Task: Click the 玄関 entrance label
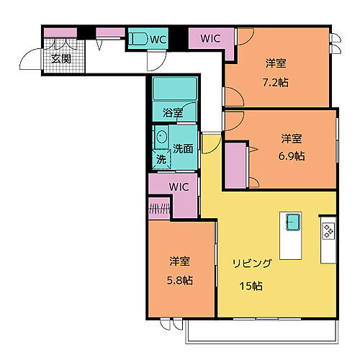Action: (x=60, y=58)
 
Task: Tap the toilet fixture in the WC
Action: (x=139, y=40)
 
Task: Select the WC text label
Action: (x=158, y=40)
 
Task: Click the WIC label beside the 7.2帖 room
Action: (x=210, y=39)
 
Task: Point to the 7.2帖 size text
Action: (x=277, y=81)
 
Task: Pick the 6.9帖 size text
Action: (x=292, y=156)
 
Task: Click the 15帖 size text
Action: (x=251, y=286)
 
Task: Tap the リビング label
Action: (x=251, y=264)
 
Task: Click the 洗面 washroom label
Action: (x=184, y=148)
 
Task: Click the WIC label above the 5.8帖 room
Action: (x=179, y=186)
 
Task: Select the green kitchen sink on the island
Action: (x=293, y=221)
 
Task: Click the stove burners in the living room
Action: (x=328, y=231)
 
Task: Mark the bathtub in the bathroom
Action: (x=174, y=89)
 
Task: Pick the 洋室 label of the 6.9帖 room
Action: (x=292, y=138)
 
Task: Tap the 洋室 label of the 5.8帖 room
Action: (x=181, y=260)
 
